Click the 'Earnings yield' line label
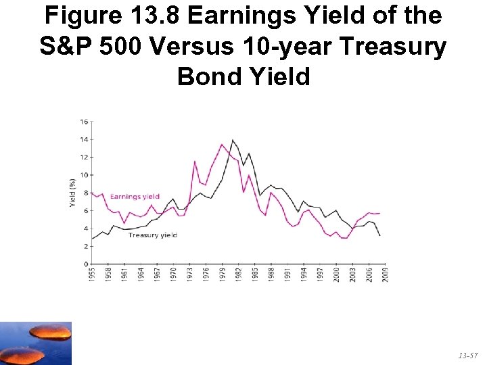[135, 197]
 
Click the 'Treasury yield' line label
[152, 235]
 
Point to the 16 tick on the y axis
[84, 122]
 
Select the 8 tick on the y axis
[85, 193]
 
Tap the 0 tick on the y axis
[85, 264]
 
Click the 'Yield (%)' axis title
[72, 193]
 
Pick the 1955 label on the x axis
[92, 274]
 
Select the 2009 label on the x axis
[386, 274]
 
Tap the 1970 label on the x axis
[173, 274]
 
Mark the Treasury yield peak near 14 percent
[233, 140]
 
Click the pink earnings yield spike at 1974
[195, 161]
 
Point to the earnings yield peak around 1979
[222, 144]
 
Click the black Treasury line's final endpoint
[380, 235]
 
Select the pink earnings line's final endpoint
[380, 213]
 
